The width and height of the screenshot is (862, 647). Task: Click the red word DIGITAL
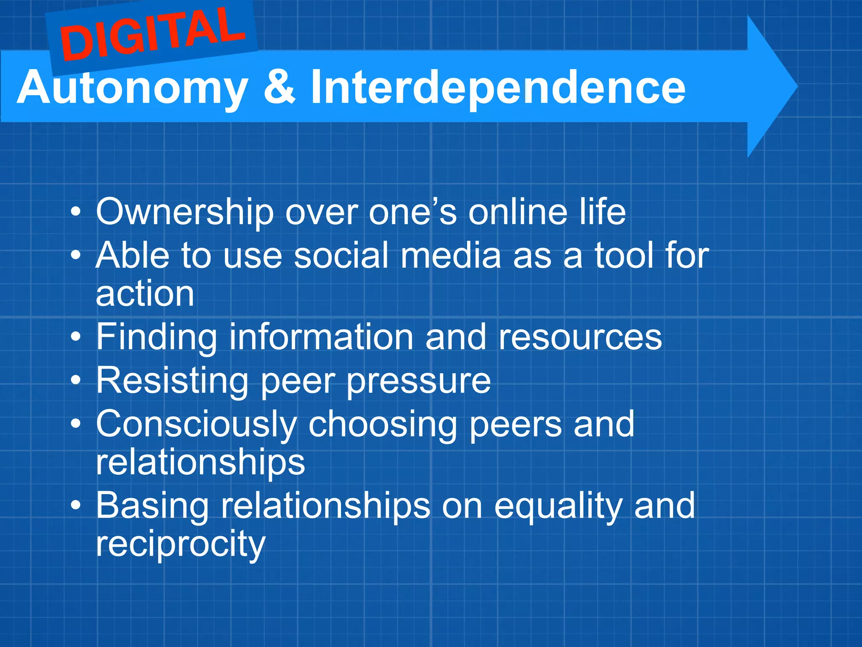point(152,35)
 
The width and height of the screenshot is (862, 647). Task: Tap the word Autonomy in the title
point(133,88)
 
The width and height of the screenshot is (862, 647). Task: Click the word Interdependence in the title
point(498,88)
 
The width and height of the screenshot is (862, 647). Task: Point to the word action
point(145,294)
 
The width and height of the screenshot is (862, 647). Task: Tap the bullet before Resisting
point(76,380)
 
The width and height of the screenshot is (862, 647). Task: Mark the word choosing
point(383,425)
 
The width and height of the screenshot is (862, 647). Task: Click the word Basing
point(152,505)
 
